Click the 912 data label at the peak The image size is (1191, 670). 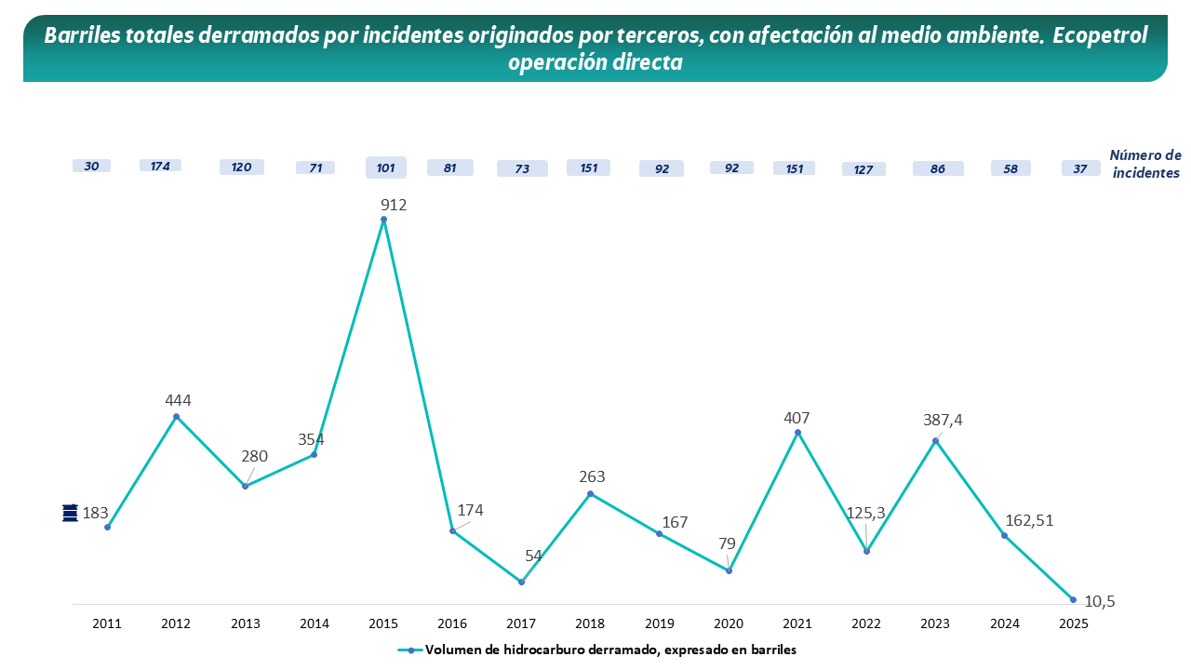pyautogui.click(x=394, y=205)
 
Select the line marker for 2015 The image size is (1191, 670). pyautogui.click(x=383, y=220)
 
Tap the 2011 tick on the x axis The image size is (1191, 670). pyautogui.click(x=107, y=623)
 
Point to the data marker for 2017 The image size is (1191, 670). pyautogui.click(x=521, y=582)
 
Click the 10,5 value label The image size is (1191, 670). pyautogui.click(x=1100, y=602)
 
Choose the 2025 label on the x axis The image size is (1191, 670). pyautogui.click(x=1073, y=623)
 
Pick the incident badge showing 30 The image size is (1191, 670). pyautogui.click(x=91, y=166)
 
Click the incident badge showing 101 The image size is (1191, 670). pyautogui.click(x=386, y=168)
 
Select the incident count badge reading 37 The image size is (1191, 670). pyautogui.click(x=1080, y=168)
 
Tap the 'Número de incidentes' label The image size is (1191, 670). pyautogui.click(x=1144, y=164)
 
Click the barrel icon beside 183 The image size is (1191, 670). pyautogui.click(x=70, y=513)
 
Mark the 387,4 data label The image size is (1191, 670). pyautogui.click(x=943, y=420)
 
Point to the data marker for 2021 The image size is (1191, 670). pyautogui.click(x=797, y=433)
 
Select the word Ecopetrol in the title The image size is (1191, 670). pyautogui.click(x=1106, y=35)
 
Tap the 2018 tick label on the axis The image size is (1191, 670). pyautogui.click(x=590, y=623)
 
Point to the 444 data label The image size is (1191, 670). pyautogui.click(x=178, y=400)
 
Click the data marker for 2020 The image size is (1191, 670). pyautogui.click(x=729, y=570)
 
